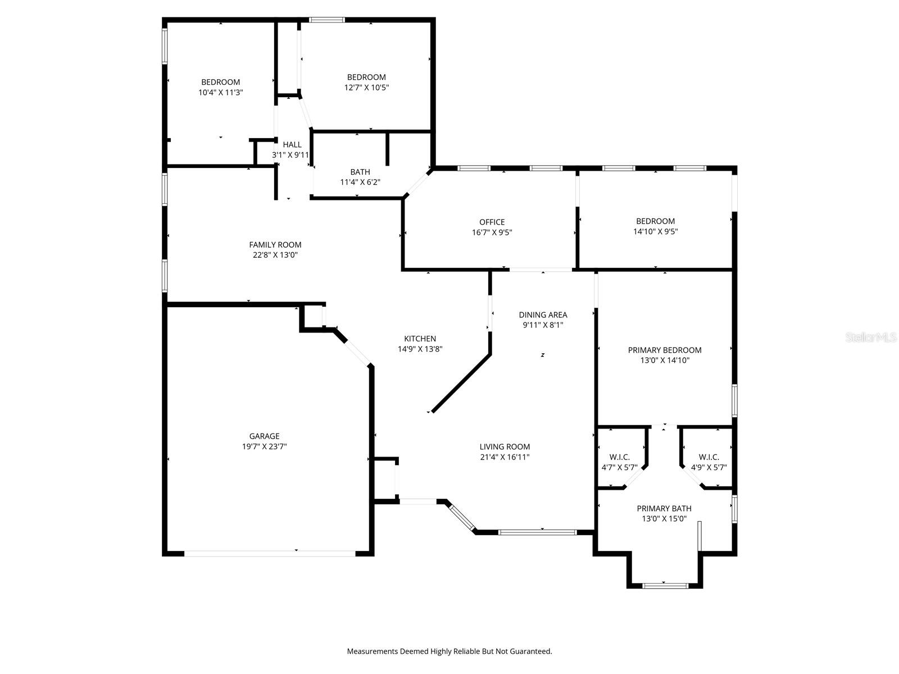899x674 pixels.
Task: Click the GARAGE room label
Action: (264, 436)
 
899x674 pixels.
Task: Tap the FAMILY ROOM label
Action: (275, 245)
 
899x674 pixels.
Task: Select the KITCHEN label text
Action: (420, 339)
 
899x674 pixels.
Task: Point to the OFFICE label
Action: (492, 222)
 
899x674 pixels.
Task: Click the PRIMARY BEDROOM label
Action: (665, 350)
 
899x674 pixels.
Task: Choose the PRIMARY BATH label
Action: (664, 508)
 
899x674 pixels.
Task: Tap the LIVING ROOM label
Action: (505, 447)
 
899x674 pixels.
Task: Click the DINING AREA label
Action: (543, 315)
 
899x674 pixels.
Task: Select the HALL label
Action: (292, 144)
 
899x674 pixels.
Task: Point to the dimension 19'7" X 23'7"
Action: (264, 447)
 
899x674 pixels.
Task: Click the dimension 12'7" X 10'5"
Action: (366, 87)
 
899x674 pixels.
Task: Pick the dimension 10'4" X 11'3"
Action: (221, 93)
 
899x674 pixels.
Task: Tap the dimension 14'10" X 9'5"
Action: (655, 231)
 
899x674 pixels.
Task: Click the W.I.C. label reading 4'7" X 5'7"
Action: (620, 462)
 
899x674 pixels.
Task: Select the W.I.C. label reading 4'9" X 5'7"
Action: (709, 462)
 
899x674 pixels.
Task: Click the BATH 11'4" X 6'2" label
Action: (360, 177)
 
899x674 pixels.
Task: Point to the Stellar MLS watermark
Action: (871, 337)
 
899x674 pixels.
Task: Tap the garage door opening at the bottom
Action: (270, 553)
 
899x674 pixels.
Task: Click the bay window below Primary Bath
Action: (665, 586)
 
